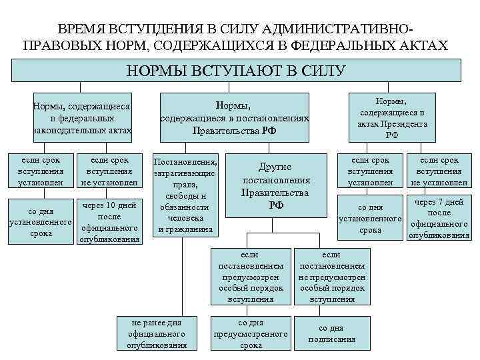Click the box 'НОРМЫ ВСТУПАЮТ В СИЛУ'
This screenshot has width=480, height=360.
[237, 71]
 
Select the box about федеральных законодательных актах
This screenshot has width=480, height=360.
[82, 119]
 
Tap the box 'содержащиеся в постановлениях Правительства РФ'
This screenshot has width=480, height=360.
[234, 118]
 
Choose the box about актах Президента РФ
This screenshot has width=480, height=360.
[392, 117]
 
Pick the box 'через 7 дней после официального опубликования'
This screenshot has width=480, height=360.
[439, 218]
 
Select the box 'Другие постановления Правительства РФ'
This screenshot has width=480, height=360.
[276, 186]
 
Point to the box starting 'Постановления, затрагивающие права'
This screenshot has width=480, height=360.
[185, 195]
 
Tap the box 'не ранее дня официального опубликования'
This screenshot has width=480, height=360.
[157, 333]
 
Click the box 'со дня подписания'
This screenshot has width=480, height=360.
[331, 333]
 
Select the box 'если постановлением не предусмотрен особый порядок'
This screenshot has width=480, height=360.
[331, 277]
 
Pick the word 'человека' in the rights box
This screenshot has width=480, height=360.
[185, 218]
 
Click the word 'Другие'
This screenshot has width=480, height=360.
[276, 167]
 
